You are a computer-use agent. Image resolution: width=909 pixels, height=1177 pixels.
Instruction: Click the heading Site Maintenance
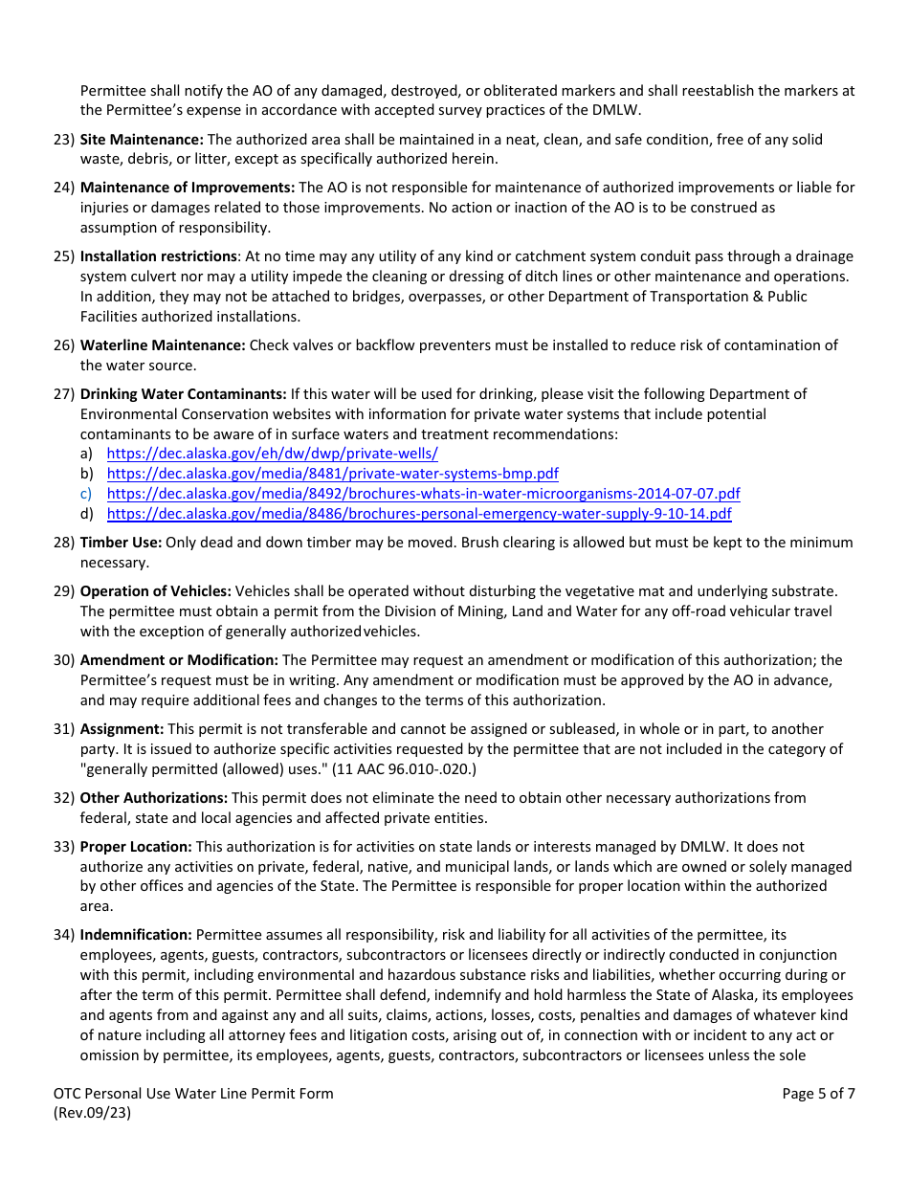(x=142, y=140)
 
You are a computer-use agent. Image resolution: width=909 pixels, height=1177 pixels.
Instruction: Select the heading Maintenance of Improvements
(x=188, y=188)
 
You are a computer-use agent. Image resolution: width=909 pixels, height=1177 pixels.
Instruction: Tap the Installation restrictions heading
(x=159, y=256)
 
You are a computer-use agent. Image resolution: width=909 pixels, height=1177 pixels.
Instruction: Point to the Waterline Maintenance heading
(x=163, y=345)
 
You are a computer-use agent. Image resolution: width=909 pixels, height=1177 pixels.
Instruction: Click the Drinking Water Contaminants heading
(x=183, y=394)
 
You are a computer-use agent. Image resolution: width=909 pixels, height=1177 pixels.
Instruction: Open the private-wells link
(x=272, y=454)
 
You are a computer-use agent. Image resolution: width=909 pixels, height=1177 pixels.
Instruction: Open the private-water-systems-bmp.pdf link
(x=332, y=474)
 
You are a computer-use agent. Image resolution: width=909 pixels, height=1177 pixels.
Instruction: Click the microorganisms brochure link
(x=423, y=494)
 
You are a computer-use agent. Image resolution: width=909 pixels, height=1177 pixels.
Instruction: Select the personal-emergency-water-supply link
(x=419, y=514)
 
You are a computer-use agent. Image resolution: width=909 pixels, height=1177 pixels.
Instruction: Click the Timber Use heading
(x=121, y=543)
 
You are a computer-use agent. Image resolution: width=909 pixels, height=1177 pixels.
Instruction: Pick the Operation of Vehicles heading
(x=156, y=591)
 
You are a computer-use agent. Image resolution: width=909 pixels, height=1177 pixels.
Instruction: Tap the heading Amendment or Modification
(x=179, y=660)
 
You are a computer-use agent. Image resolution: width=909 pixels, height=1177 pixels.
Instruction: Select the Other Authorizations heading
(x=154, y=798)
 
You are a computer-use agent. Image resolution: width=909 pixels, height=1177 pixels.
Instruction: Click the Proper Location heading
(x=136, y=847)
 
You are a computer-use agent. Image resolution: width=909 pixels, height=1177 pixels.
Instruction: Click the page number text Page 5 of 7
(x=818, y=1094)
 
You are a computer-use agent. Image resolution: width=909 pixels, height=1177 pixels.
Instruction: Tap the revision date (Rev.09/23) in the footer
(x=92, y=1113)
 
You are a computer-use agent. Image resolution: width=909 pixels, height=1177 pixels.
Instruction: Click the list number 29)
(x=64, y=591)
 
